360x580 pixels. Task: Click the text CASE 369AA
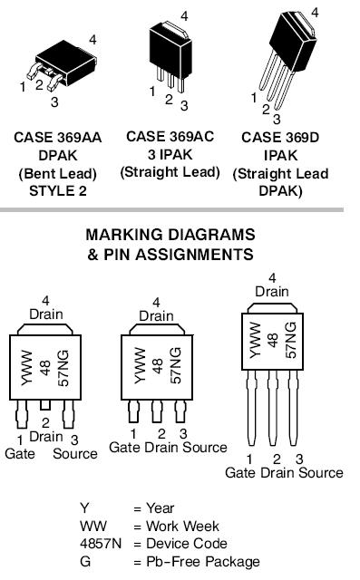58,138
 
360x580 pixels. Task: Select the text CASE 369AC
170,137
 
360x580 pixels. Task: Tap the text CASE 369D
280,138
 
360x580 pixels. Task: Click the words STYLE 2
58,191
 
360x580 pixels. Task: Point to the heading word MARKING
124,235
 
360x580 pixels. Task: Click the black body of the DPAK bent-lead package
66,61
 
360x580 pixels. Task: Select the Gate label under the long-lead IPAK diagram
240,473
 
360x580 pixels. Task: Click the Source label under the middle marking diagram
205,448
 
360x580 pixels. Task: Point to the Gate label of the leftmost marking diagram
20,454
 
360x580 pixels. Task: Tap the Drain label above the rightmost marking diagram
272,292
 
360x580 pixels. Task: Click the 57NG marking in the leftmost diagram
63,368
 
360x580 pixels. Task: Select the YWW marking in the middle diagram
141,365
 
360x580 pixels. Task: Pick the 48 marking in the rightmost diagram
273,340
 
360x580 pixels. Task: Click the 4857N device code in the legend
101,544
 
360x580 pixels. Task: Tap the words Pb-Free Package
203,562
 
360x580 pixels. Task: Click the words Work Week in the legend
182,526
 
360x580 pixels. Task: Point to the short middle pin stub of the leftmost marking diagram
45,405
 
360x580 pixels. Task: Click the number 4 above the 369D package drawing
315,13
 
